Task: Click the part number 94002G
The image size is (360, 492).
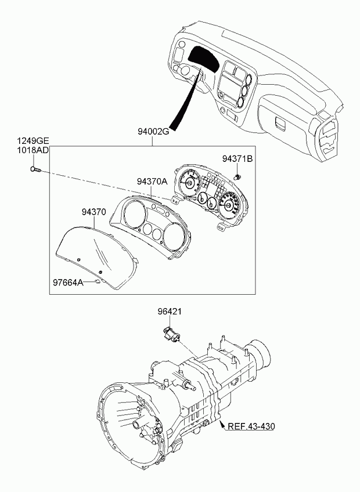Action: (153, 132)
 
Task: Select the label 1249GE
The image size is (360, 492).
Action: (33, 141)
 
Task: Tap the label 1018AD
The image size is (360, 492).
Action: (33, 150)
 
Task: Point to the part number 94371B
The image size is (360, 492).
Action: (237, 159)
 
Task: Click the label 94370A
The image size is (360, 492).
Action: (152, 182)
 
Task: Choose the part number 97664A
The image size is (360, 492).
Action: (68, 283)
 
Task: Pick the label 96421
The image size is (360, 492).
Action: (170, 312)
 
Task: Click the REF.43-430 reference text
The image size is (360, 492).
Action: (251, 426)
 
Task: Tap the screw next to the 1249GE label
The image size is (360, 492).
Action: (36, 170)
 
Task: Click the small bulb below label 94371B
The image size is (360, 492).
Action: (239, 176)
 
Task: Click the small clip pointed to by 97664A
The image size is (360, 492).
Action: (98, 281)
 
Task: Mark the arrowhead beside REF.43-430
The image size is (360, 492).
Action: (222, 425)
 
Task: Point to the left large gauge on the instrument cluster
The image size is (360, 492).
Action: (189, 183)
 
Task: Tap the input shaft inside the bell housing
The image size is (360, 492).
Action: (137, 425)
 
